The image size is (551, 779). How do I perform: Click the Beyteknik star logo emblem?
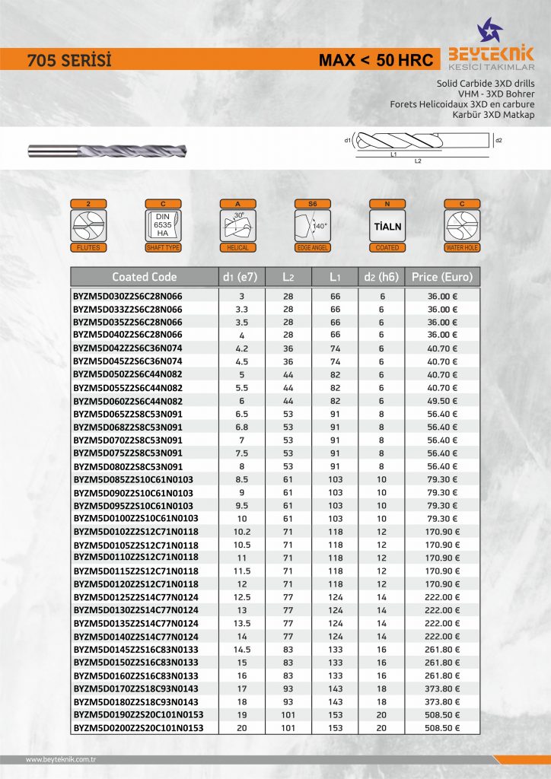pos(489,31)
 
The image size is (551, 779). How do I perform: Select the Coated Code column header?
pos(144,277)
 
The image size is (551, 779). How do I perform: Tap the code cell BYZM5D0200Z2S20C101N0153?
pos(138,728)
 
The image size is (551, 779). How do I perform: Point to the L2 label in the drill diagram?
pos(417,161)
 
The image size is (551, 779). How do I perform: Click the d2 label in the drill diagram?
pos(498,141)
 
